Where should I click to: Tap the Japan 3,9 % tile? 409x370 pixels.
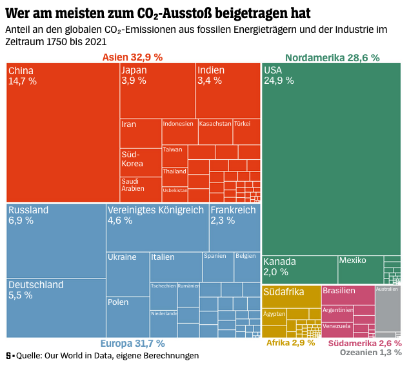157,90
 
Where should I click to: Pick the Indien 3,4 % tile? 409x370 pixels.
228,90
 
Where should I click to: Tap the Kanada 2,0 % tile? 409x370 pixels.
299,269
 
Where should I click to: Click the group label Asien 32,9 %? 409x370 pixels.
132,57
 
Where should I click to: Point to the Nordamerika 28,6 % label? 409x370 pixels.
332,57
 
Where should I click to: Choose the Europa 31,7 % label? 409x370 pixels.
132,343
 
